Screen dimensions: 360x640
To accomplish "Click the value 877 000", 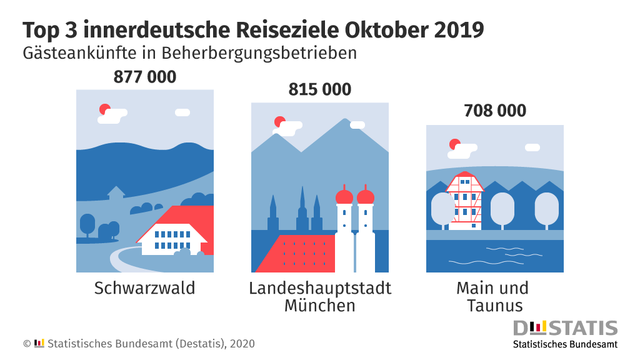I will [145, 77].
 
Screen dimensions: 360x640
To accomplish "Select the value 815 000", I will [320, 90].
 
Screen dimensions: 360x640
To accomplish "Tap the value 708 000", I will [495, 111].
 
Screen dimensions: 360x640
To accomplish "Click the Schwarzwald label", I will [145, 288].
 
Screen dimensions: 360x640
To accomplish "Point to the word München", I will [320, 306].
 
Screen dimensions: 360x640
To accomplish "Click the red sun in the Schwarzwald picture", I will [105, 109].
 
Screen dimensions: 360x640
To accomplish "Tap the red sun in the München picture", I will [280, 122].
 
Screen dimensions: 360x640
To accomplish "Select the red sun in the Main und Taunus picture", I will [454, 144].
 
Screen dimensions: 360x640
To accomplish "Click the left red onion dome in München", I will [344, 196].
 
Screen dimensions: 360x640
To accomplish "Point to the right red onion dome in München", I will [365, 196].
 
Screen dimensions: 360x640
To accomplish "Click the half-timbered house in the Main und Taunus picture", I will [464, 200].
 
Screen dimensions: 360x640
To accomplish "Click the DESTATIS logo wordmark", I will [565, 327].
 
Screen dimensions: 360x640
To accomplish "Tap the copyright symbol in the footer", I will [27, 344].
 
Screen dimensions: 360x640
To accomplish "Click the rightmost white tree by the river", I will [547, 209].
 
